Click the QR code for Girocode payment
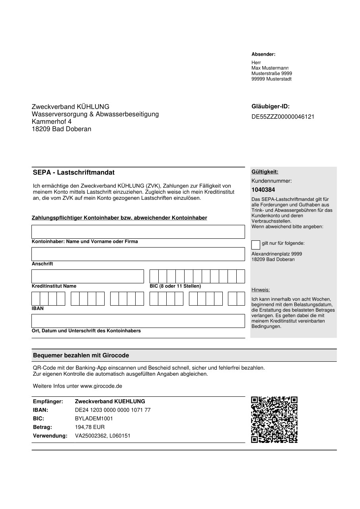pos(274,419)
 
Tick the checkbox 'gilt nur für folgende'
pos(256,244)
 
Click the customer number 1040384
pos(263,190)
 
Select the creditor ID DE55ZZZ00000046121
pos(283,117)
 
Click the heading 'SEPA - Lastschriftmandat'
pos(74,172)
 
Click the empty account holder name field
pos(138,232)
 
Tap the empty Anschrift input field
pos(138,254)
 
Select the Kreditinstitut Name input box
pos(88,276)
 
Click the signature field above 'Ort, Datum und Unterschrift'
pos(138,321)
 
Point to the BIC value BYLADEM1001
pos(94,418)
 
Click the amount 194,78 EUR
pos(90,427)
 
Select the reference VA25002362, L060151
pos(103,436)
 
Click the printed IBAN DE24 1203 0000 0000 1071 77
pos(113,410)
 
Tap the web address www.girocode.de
pos(101,386)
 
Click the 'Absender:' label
pos(263,54)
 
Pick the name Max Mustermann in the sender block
pos(270,68)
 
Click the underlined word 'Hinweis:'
pos(261,290)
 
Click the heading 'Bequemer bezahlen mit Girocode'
pos(81,355)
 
